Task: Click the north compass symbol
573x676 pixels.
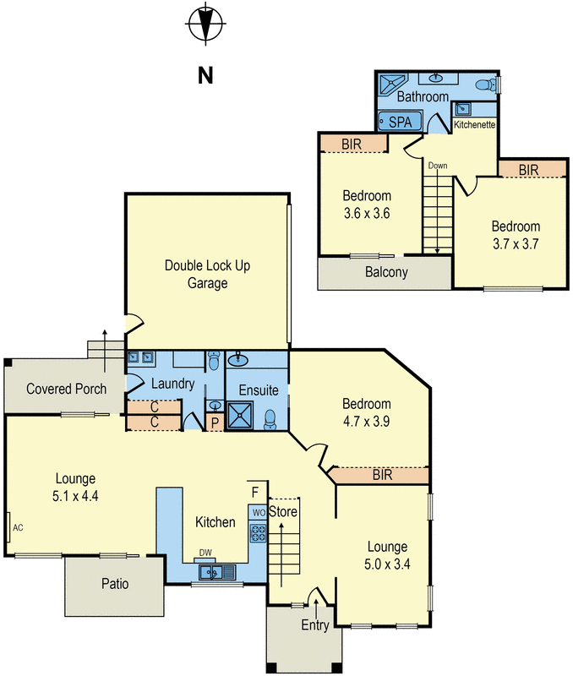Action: point(205,23)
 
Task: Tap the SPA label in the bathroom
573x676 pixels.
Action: point(400,122)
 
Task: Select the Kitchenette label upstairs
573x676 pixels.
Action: point(474,124)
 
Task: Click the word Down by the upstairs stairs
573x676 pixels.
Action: point(438,166)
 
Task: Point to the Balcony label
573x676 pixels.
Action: point(386,272)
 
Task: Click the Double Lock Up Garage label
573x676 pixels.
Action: point(207,274)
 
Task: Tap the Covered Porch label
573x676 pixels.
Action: point(67,389)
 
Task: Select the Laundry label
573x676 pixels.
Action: point(173,384)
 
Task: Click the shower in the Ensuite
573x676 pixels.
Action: point(239,415)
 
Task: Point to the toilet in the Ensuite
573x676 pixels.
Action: point(270,419)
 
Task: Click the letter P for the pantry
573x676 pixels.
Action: point(215,423)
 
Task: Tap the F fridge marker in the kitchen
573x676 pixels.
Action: point(255,493)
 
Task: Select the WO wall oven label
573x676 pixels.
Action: point(259,513)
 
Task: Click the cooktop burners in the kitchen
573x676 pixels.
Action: point(259,532)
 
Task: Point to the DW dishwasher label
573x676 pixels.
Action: point(205,553)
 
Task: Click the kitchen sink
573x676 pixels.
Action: point(217,573)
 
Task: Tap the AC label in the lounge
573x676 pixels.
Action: point(18,527)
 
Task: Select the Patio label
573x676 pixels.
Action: point(115,584)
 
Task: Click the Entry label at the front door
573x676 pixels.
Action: point(315,624)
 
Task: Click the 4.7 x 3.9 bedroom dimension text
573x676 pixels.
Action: point(367,421)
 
